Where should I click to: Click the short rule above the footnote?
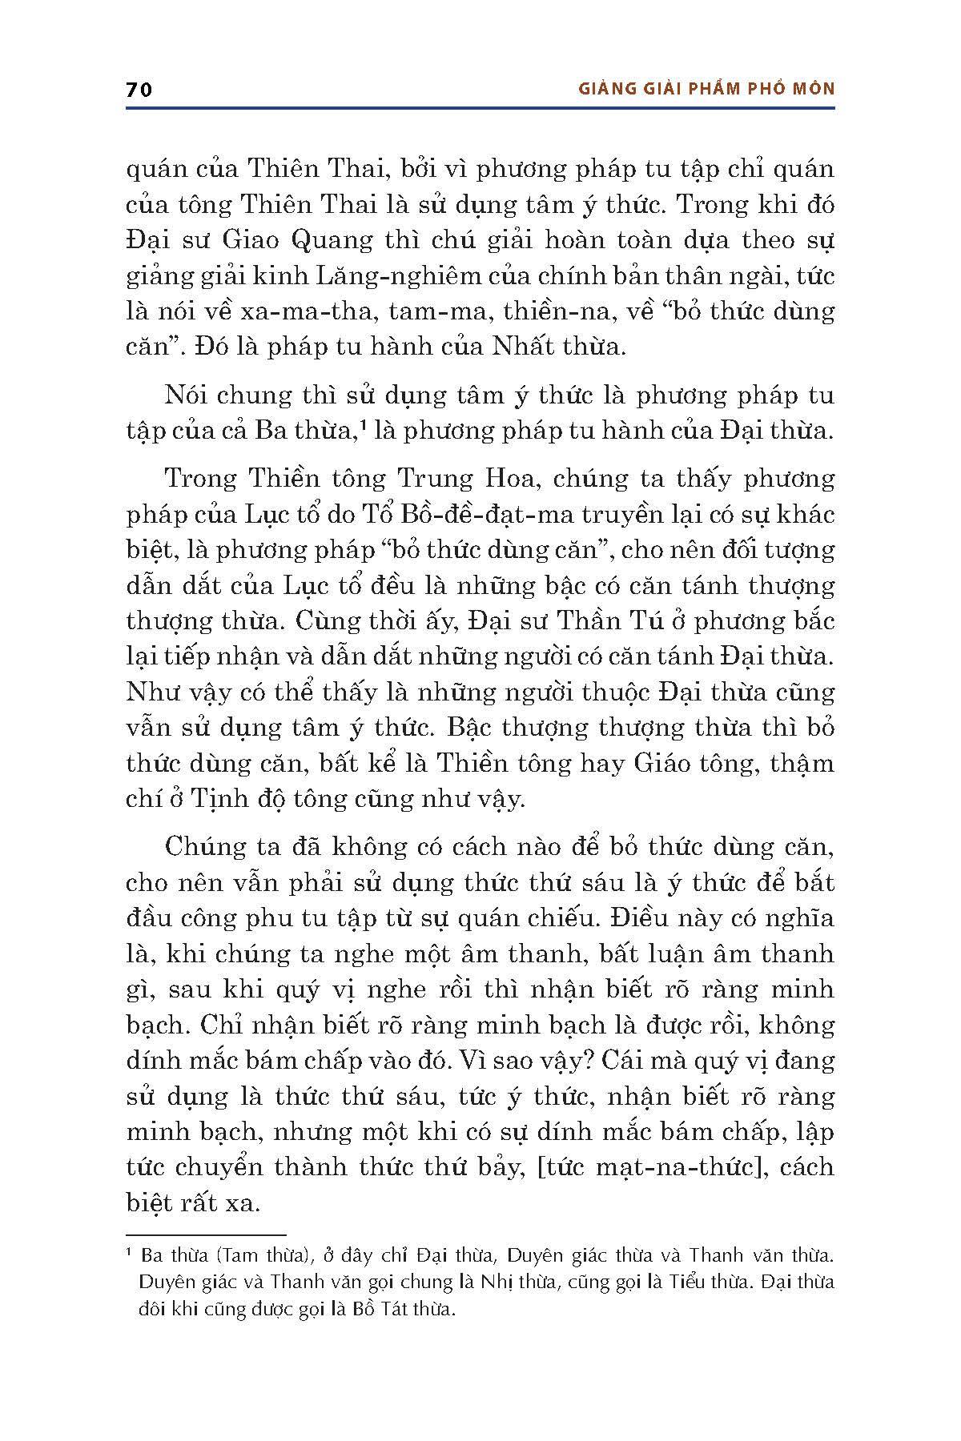coord(206,1235)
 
